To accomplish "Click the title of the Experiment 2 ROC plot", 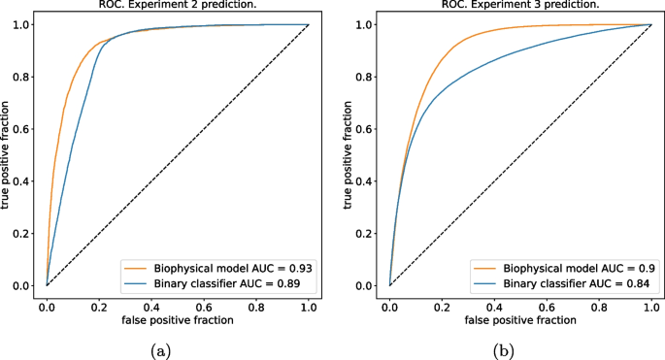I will tap(177, 5).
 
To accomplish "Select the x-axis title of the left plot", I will tap(178, 319).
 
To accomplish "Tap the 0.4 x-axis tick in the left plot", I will tap(151, 304).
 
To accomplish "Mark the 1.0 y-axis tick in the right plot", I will tap(366, 24).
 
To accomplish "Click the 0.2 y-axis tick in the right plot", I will tap(366, 233).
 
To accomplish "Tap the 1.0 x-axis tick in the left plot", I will tap(308, 304).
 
